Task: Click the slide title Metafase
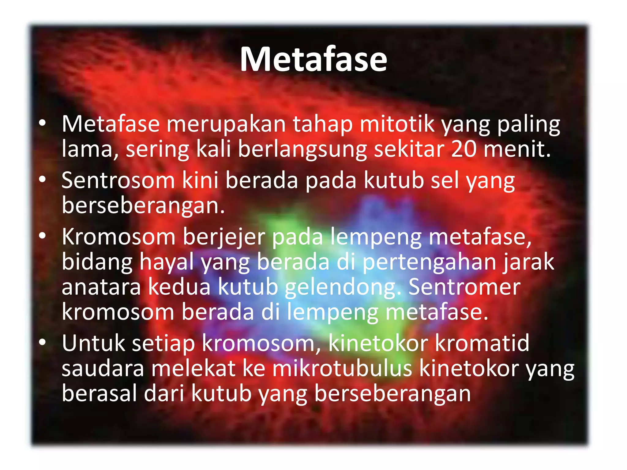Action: coord(313,60)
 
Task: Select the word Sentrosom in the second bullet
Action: coord(118,180)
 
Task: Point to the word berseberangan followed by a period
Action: coord(143,205)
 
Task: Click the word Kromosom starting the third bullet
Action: coord(118,237)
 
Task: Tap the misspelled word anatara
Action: coord(101,287)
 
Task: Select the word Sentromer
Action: coord(464,287)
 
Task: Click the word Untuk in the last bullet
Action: coord(93,343)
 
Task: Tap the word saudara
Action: coord(103,368)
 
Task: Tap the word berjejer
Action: coord(224,237)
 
